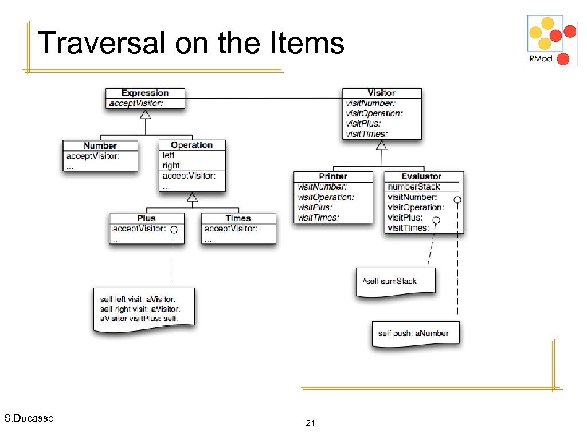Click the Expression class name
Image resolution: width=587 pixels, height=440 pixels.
pyautogui.click(x=145, y=93)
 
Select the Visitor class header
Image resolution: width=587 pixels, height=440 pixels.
pyautogui.click(x=381, y=93)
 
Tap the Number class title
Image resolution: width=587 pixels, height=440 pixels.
pyautogui.click(x=100, y=146)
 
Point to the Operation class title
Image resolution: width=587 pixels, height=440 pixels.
pyautogui.click(x=191, y=145)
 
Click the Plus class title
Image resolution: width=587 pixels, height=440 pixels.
pyautogui.click(x=146, y=218)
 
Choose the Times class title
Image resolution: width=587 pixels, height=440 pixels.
pyautogui.click(x=238, y=218)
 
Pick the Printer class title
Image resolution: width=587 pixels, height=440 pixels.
pyautogui.click(x=333, y=176)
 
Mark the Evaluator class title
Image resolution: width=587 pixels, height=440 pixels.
pyautogui.click(x=421, y=176)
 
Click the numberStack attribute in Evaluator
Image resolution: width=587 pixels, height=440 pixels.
pyautogui.click(x=414, y=187)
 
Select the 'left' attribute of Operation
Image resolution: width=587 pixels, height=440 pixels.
pyautogui.click(x=169, y=155)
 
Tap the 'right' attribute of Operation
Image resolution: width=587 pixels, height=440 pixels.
pyautogui.click(x=171, y=166)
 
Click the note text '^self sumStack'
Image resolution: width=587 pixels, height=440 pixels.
pyautogui.click(x=389, y=281)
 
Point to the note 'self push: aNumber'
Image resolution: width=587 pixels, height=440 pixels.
pyautogui.click(x=413, y=333)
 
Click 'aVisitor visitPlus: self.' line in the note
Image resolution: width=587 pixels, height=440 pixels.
pyautogui.click(x=139, y=318)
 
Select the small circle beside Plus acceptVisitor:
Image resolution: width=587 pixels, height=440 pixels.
pyautogui.click(x=174, y=230)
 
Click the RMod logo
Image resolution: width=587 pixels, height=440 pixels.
pyautogui.click(x=552, y=40)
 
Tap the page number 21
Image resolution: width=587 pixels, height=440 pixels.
pyautogui.click(x=311, y=423)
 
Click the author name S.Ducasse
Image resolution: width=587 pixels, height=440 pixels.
pyautogui.click(x=29, y=418)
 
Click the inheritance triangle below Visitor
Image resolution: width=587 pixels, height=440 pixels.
pyautogui.click(x=381, y=145)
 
